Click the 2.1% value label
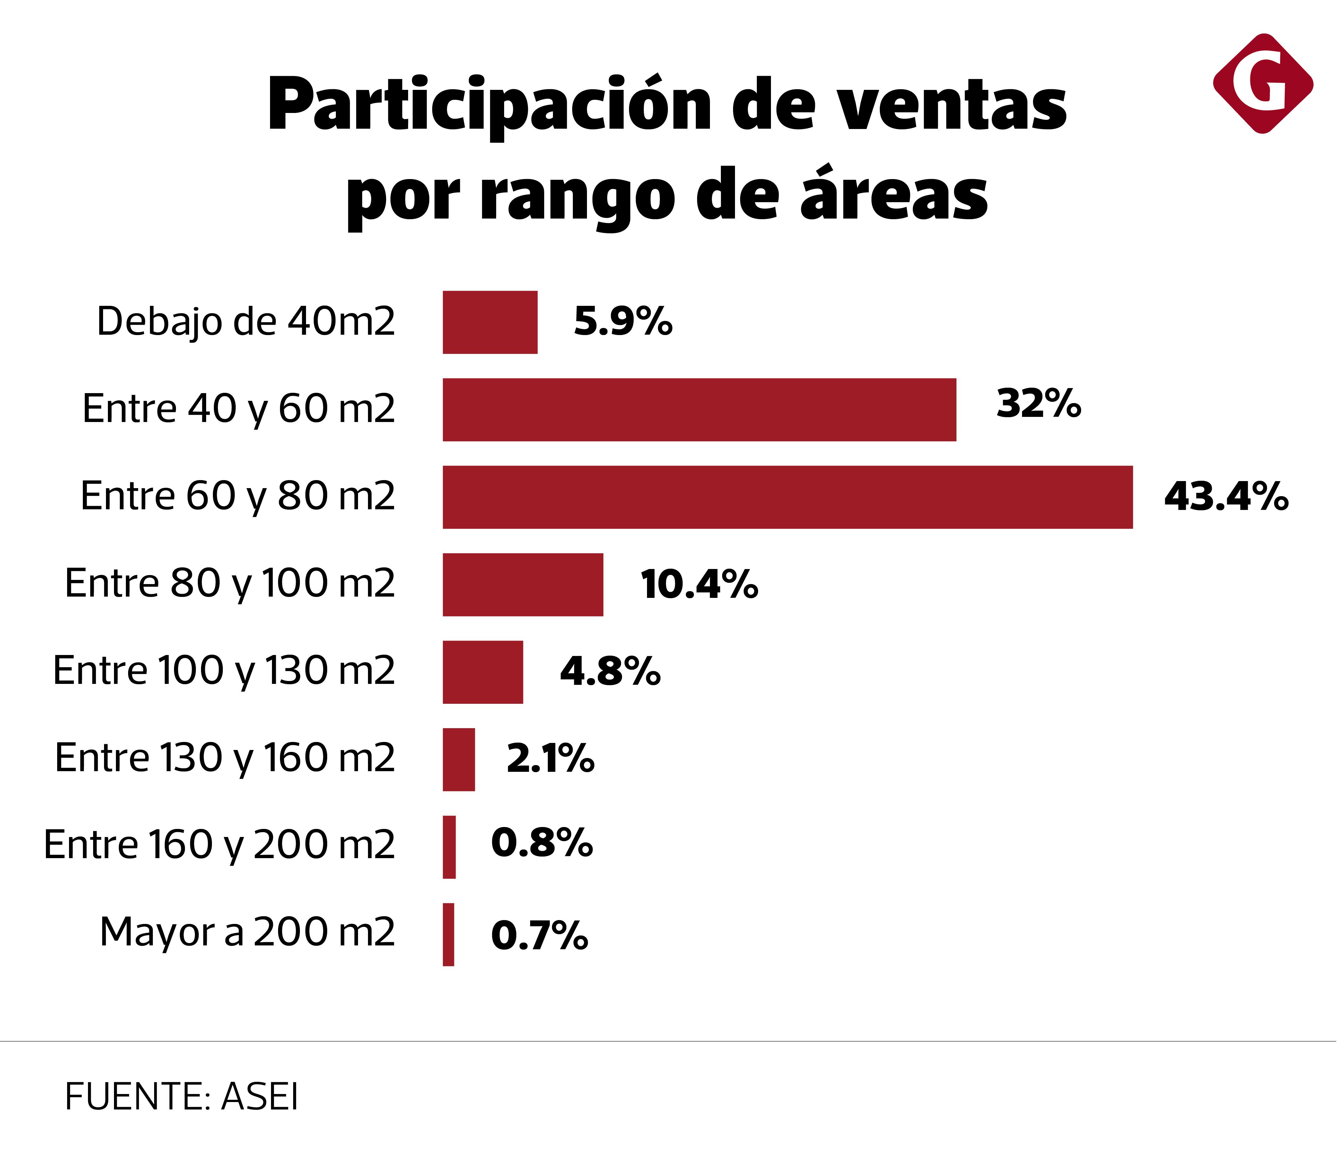click(550, 759)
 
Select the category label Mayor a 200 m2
click(247, 932)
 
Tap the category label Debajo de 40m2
click(246, 322)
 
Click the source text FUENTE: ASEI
click(181, 1097)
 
